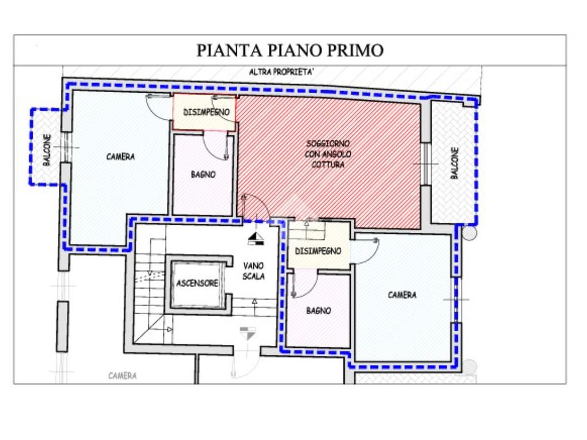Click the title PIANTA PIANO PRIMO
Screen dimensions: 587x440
pos(290,50)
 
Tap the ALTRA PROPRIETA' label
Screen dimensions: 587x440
pos(281,72)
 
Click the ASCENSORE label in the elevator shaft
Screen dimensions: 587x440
pos(197,283)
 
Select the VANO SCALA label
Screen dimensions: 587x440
pos(253,271)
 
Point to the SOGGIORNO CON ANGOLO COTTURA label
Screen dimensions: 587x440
pos(328,154)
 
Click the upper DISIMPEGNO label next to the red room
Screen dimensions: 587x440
pos(206,112)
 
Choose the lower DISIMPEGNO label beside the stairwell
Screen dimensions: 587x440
pos(318,251)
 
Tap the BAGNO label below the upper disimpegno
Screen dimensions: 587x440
pos(204,174)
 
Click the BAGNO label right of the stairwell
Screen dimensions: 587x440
pos(319,311)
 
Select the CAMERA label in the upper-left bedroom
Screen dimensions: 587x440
pos(120,156)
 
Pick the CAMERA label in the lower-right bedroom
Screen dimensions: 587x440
pos(402,295)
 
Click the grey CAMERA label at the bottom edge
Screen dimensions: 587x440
pos(123,376)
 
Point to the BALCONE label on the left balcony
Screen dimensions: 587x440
pos(47,150)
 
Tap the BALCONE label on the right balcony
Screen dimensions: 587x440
pos(455,163)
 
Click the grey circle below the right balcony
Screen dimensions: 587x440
pos(469,234)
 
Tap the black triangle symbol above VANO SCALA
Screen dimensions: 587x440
pos(255,236)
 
